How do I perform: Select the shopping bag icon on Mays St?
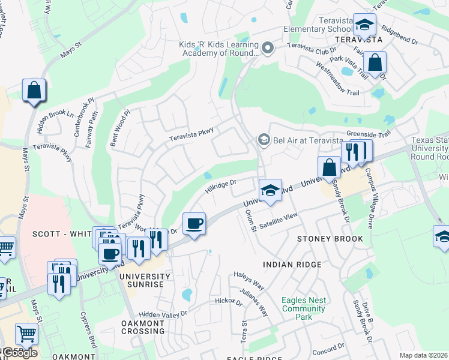pos(34,91)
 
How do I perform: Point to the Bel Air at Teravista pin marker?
pos(263,140)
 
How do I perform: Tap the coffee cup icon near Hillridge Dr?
pos(194,224)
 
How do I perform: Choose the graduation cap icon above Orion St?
pos(270,191)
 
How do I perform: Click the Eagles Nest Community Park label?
pos(304,304)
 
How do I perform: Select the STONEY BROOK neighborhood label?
pos(330,239)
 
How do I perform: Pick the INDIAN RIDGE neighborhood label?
pos(292,264)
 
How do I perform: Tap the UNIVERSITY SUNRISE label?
pos(141,280)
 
